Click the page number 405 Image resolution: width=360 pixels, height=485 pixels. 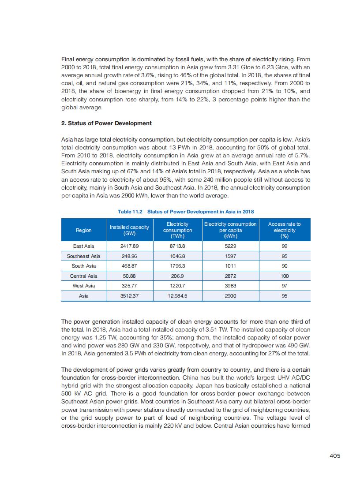click(335, 456)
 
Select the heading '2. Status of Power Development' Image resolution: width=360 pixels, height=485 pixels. click(106, 123)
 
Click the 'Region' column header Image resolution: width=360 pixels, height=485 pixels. click(83, 230)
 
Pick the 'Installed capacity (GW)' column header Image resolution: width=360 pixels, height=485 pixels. click(129, 230)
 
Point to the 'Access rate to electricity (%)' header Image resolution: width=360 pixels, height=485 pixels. click(284, 230)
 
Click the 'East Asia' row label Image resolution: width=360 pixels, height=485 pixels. click(83, 246)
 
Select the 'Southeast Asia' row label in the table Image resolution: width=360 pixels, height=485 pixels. click(83, 256)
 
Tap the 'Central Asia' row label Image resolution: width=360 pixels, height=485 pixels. click(83, 276)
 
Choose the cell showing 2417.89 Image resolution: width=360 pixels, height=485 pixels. click(129, 246)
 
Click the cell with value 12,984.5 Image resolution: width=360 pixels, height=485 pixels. click(177, 296)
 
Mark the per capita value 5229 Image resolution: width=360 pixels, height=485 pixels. click(230, 246)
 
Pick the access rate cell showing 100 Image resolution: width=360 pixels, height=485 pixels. click(284, 276)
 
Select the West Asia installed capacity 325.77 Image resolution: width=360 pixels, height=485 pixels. click(129, 286)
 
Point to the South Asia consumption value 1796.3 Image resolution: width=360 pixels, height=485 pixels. click(177, 266)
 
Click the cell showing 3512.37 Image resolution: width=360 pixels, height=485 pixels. click(129, 296)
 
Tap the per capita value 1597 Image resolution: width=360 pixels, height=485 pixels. click(230, 256)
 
